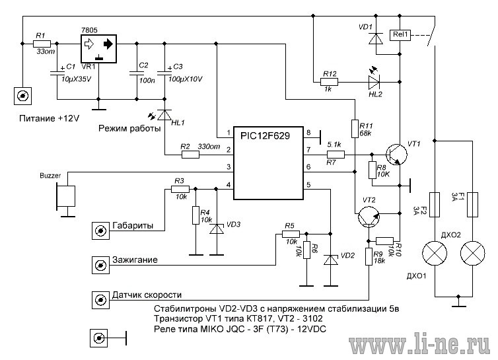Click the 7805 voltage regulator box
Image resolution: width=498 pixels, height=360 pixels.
(98, 49)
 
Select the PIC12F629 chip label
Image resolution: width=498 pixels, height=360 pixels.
(265, 136)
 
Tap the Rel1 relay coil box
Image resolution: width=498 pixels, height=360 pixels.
(400, 35)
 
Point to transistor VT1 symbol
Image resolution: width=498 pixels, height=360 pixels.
(397, 155)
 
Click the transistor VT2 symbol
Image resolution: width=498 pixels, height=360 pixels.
(369, 217)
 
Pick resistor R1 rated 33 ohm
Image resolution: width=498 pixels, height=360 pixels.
(42, 44)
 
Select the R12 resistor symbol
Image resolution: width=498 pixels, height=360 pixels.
(329, 82)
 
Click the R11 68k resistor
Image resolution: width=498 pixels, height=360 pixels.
(355, 129)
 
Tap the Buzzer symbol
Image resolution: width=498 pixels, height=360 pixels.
(66, 197)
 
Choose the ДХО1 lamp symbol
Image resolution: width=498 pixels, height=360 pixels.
(435, 254)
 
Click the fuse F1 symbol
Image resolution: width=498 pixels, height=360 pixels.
(473, 204)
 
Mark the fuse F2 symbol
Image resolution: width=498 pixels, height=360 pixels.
(435, 204)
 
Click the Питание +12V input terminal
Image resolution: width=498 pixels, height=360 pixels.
(23, 96)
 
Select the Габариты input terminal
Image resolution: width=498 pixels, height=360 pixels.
(100, 231)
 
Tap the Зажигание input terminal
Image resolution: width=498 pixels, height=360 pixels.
(100, 265)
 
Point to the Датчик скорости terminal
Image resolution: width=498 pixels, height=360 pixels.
(100, 300)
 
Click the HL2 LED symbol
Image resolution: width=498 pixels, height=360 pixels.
(374, 82)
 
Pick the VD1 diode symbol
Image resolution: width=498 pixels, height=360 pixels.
(376, 38)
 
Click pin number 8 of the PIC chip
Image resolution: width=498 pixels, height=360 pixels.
(308, 133)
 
